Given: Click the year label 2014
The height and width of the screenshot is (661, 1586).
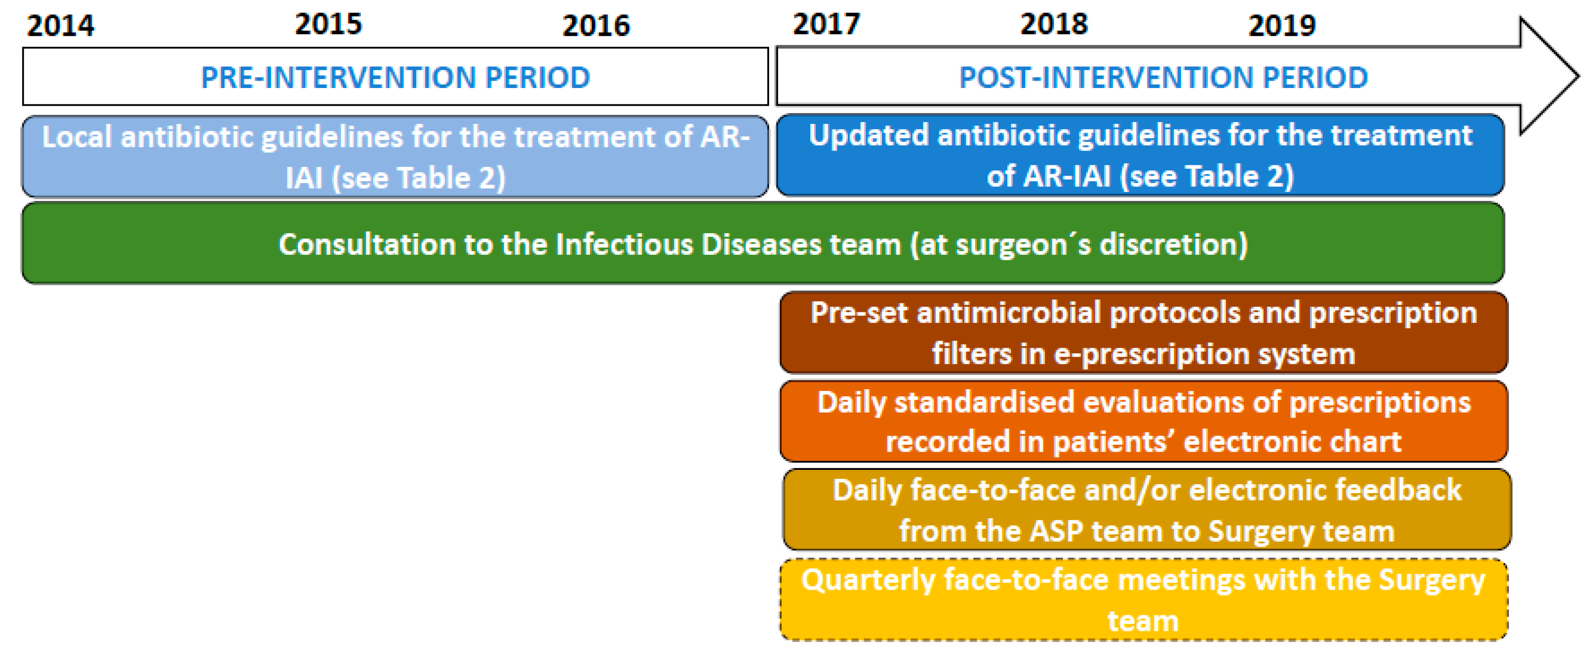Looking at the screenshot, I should pos(60,26).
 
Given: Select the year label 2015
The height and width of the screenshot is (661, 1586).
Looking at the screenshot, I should pos(328,25).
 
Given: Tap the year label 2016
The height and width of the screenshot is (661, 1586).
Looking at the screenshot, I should pos(595,26).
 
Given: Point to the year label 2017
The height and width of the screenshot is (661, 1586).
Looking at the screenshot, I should pos(826,25).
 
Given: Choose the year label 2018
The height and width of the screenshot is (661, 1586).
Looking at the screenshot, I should pos(1054,25).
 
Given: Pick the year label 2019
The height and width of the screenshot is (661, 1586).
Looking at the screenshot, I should pos(1281,26).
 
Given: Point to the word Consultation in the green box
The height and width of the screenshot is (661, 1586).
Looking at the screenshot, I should pos(367,245).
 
